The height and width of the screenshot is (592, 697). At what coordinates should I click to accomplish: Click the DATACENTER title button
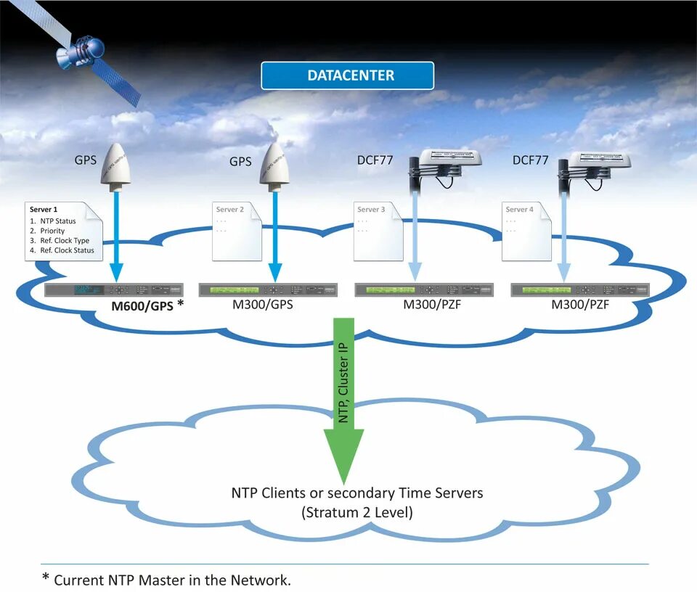pyautogui.click(x=348, y=75)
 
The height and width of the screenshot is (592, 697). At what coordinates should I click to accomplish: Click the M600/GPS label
pyautogui.click(x=142, y=306)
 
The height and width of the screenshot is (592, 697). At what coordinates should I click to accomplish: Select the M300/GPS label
pyautogui.click(x=262, y=305)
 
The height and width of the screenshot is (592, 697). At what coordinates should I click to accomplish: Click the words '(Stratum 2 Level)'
pyautogui.click(x=357, y=512)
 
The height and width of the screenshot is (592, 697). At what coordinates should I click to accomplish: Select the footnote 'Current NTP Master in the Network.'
pyautogui.click(x=172, y=580)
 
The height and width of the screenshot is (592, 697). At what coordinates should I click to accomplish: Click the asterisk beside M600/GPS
pyautogui.click(x=180, y=303)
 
